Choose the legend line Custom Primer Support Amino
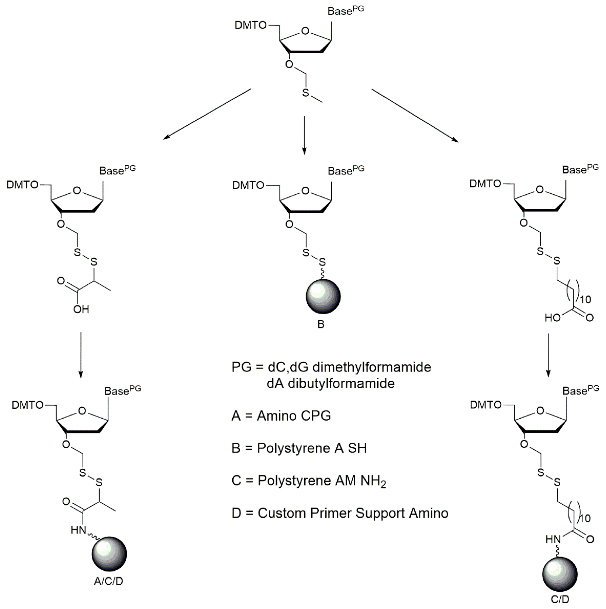pyautogui.click(x=340, y=513)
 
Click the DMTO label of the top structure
pyautogui.click(x=251, y=25)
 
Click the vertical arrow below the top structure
pyautogui.click(x=304, y=135)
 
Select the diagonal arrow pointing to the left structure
pyautogui.click(x=207, y=114)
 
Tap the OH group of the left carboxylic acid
pyautogui.click(x=81, y=309)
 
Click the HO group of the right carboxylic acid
pyautogui.click(x=552, y=318)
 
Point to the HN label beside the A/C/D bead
pyautogui.click(x=78, y=530)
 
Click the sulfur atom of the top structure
pyautogui.click(x=305, y=93)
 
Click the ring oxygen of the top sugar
pyautogui.click(x=305, y=31)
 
